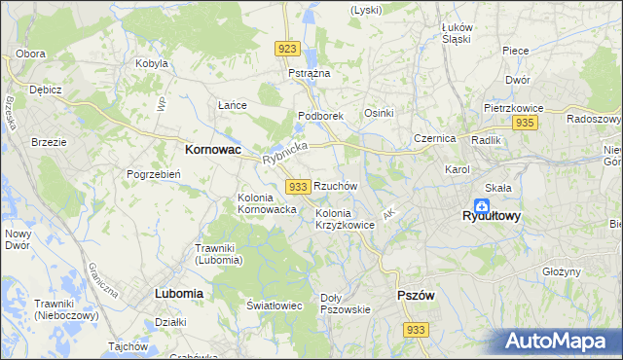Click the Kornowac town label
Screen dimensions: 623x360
[x=213, y=151]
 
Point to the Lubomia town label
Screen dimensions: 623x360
[x=179, y=292]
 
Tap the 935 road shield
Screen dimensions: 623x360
[x=526, y=123]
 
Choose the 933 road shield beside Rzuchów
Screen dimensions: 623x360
[x=299, y=186]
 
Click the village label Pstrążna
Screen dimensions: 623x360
[x=310, y=73]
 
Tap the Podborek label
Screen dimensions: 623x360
[x=320, y=116]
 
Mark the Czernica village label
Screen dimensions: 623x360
[x=434, y=138]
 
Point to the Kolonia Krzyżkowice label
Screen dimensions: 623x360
[x=345, y=219]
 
